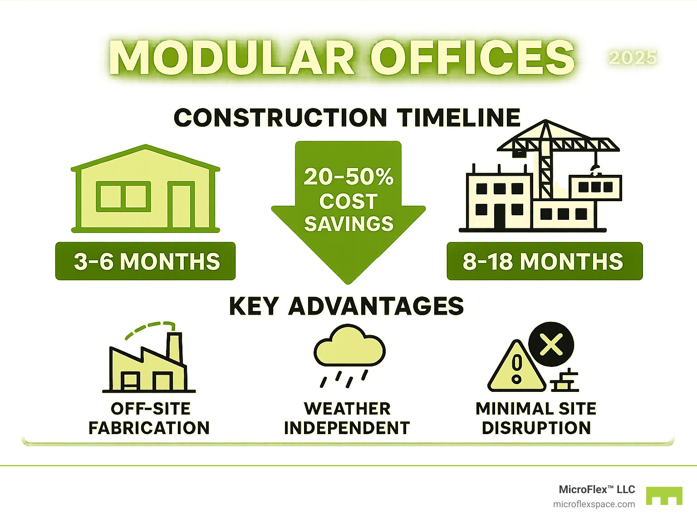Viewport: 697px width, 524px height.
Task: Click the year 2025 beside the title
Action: click(x=633, y=58)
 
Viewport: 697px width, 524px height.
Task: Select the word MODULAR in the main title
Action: click(x=231, y=58)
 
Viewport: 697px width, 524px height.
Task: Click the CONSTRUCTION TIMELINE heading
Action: click(x=347, y=118)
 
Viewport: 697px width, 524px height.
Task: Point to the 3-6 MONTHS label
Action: click(x=146, y=262)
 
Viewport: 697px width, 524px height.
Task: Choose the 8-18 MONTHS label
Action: click(x=544, y=262)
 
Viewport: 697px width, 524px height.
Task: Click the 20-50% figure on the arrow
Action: click(x=348, y=177)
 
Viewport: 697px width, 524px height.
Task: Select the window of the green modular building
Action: click(x=123, y=196)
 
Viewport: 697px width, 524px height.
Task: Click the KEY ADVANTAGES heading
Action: click(x=346, y=306)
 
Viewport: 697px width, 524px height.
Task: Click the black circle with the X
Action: click(x=551, y=344)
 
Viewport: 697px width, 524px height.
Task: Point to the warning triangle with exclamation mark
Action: click(x=516, y=368)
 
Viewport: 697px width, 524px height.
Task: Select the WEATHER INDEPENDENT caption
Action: click(x=347, y=418)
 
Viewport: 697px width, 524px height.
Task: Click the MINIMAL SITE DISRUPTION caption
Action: click(x=536, y=418)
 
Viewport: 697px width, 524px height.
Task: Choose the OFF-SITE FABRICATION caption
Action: click(x=149, y=418)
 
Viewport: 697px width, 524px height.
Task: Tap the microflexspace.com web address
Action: click(x=594, y=504)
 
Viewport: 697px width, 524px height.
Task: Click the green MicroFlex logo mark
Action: click(x=664, y=496)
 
